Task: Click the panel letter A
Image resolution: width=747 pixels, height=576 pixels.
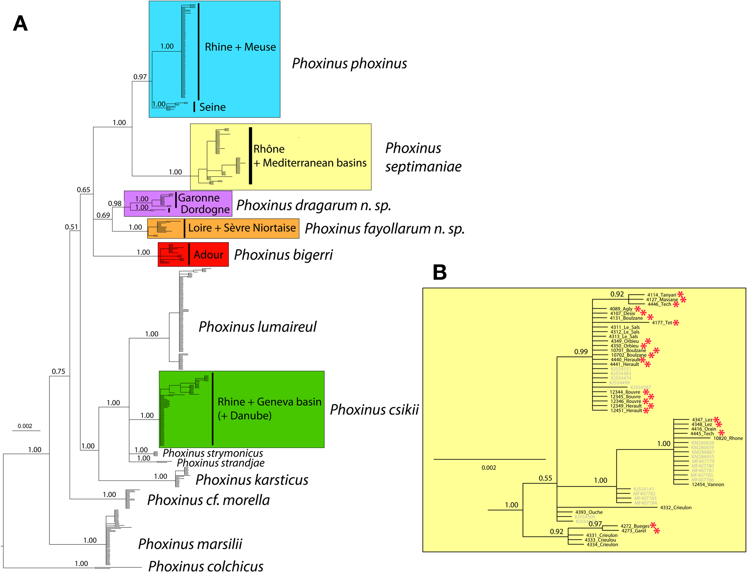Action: (x=20, y=24)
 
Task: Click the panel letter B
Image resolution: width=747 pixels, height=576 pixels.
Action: (x=440, y=272)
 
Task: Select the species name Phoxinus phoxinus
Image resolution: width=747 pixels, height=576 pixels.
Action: (x=349, y=63)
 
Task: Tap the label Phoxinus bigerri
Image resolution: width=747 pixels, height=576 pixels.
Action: (x=283, y=255)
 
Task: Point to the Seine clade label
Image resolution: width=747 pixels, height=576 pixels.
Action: (x=212, y=107)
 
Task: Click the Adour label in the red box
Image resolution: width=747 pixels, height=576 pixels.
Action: (x=208, y=255)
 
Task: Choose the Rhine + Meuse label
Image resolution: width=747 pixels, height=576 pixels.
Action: (x=240, y=47)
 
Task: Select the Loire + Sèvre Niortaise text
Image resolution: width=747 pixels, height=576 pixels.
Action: (x=242, y=228)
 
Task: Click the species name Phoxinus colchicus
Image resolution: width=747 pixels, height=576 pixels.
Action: (x=206, y=567)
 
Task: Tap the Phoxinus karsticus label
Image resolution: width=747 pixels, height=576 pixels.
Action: (x=252, y=480)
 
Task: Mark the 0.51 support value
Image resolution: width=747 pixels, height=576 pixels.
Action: (x=71, y=227)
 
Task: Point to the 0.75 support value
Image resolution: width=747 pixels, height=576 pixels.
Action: (x=58, y=371)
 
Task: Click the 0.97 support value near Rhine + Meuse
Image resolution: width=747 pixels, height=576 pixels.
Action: (x=140, y=77)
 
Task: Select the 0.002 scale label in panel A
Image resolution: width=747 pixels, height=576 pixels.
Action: (x=25, y=426)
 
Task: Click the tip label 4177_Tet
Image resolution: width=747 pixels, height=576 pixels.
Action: (x=662, y=323)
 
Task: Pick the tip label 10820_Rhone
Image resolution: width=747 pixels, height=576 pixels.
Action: (x=728, y=438)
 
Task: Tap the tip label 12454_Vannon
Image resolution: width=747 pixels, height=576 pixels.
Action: (x=708, y=484)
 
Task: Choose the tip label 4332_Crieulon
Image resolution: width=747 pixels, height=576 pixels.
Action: (x=676, y=508)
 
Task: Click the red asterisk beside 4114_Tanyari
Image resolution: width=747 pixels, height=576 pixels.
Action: (x=680, y=294)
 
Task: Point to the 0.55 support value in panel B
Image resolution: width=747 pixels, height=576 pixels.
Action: (x=545, y=478)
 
